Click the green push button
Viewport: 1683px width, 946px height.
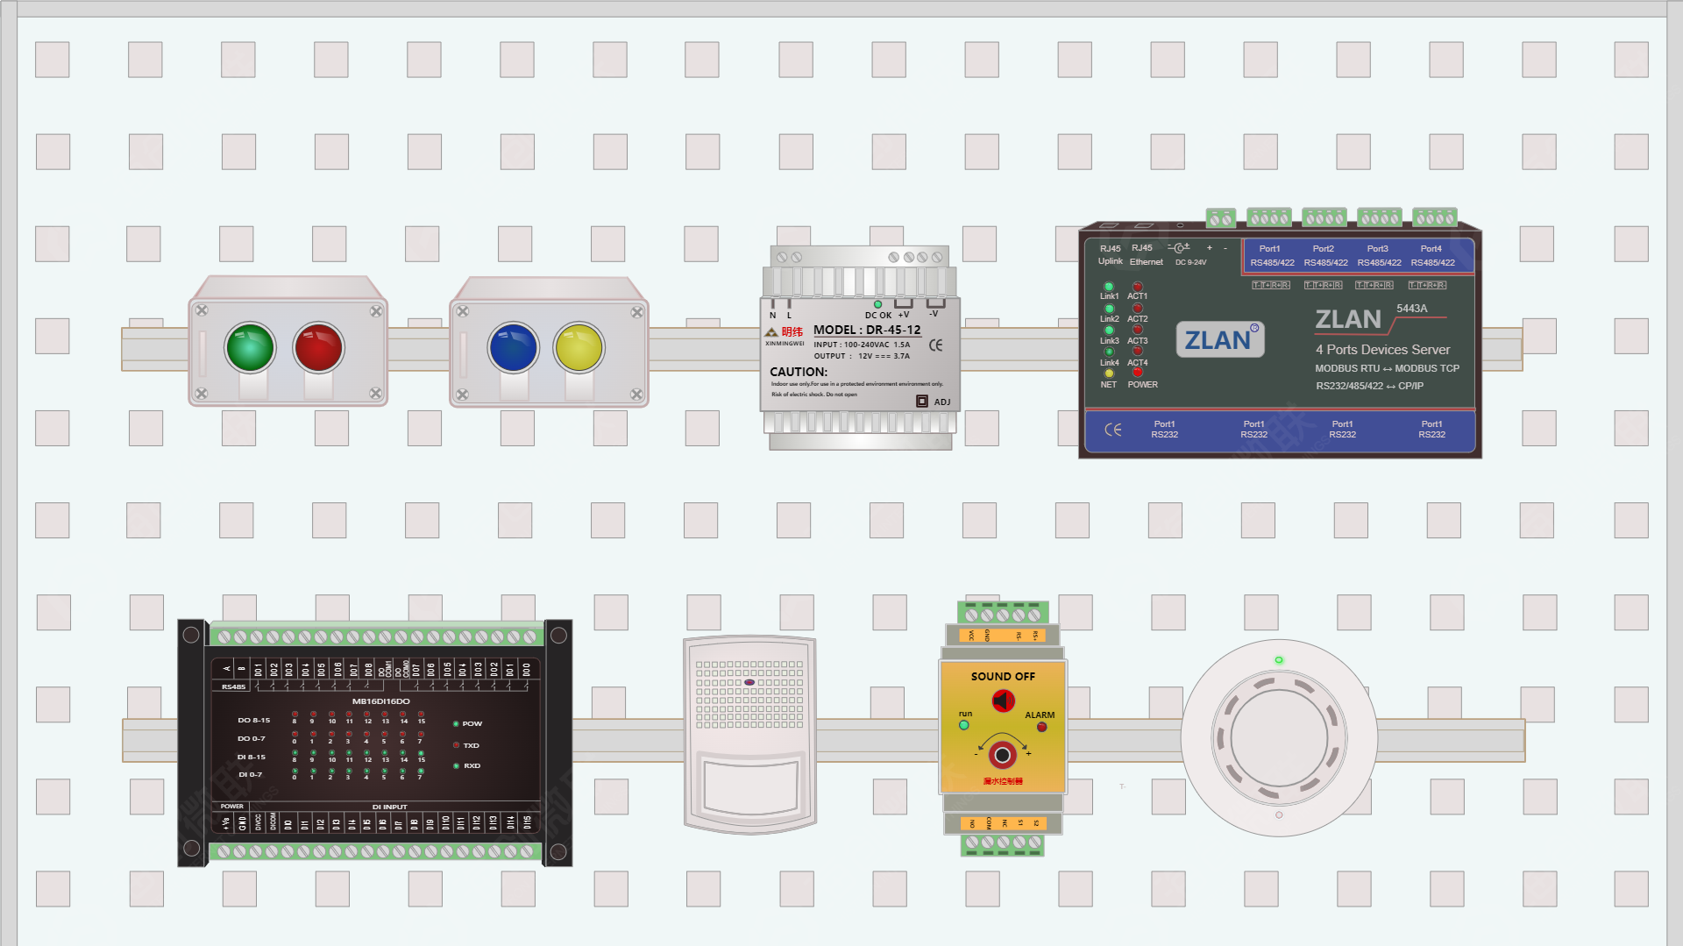(x=250, y=347)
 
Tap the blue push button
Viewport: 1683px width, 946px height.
(x=513, y=347)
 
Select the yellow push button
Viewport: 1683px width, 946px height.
(x=579, y=347)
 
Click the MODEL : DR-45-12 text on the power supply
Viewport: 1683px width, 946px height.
(x=866, y=330)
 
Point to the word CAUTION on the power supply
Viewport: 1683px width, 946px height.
(x=798, y=372)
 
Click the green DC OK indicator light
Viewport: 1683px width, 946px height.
(x=877, y=304)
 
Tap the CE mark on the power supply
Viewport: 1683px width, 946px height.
(x=935, y=345)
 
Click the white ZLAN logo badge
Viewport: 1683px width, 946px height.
(x=1219, y=339)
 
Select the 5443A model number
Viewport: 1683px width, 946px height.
(x=1411, y=309)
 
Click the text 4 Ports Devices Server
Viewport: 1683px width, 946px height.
(x=1381, y=349)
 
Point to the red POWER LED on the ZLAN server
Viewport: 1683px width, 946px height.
(x=1138, y=373)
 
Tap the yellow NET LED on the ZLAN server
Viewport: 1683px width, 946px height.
(x=1109, y=373)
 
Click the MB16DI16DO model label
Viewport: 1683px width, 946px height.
(x=380, y=701)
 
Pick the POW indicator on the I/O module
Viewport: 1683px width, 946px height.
(x=456, y=724)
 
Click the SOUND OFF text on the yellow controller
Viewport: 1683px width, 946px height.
(x=1003, y=676)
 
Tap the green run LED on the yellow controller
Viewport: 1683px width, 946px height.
(x=964, y=725)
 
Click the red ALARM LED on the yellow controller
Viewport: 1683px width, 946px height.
(x=1041, y=727)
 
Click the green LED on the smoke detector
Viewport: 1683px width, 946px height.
(x=1279, y=660)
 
